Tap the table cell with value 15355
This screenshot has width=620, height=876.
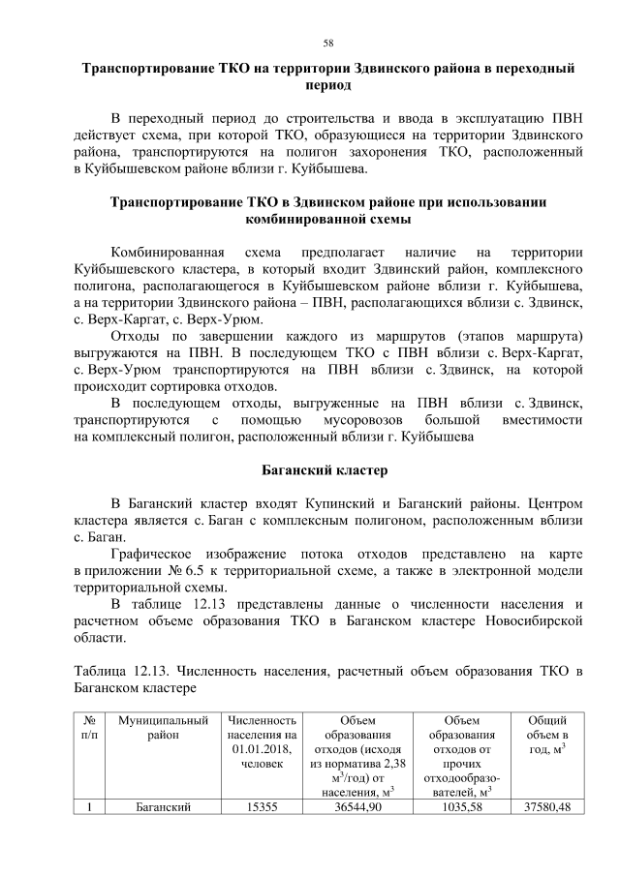pyautogui.click(x=259, y=807)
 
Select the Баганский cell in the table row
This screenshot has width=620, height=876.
pyautogui.click(x=162, y=807)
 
